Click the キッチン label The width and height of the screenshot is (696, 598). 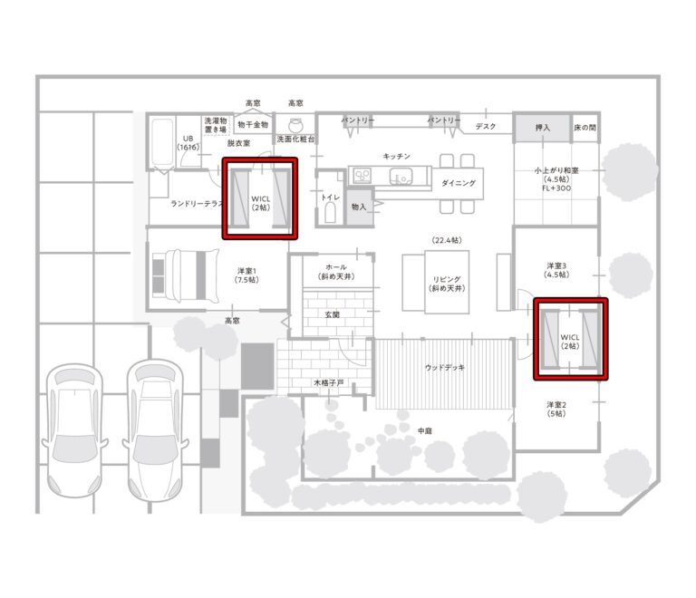click(396, 156)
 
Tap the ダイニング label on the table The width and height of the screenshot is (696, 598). click(459, 183)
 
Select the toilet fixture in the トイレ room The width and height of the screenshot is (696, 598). click(330, 213)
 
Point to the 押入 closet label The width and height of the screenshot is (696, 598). click(543, 128)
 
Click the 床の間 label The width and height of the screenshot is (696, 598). click(585, 128)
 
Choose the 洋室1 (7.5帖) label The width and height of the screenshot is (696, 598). click(246, 275)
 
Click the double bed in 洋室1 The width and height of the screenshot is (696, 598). click(186, 275)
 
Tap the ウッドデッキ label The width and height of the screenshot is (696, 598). click(445, 367)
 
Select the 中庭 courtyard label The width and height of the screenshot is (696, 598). click(425, 430)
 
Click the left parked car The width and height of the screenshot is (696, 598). click(74, 430)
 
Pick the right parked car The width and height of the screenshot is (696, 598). click(155, 430)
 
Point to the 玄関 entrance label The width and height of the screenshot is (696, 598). click(332, 314)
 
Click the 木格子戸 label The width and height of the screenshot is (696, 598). click(328, 382)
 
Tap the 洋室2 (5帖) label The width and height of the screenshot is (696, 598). click(556, 409)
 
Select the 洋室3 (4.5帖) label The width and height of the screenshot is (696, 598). click(556, 270)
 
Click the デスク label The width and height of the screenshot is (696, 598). click(486, 127)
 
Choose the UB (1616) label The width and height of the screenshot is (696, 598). click(188, 143)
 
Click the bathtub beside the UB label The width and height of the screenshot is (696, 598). click(162, 142)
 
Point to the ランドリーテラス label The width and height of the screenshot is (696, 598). click(197, 204)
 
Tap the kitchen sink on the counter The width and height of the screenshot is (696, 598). click(401, 177)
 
